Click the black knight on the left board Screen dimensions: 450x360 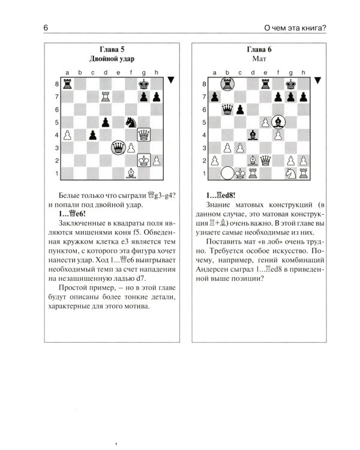click(x=131, y=121)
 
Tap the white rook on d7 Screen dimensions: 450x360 click(x=106, y=95)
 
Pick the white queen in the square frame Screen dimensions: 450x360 click(x=143, y=134)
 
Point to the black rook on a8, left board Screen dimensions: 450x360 click(x=67, y=83)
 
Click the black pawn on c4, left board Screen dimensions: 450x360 click(x=92, y=134)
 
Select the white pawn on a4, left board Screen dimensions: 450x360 click(x=67, y=134)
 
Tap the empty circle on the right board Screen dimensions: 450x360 click(x=227, y=173)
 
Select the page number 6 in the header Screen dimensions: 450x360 click(x=46, y=27)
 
